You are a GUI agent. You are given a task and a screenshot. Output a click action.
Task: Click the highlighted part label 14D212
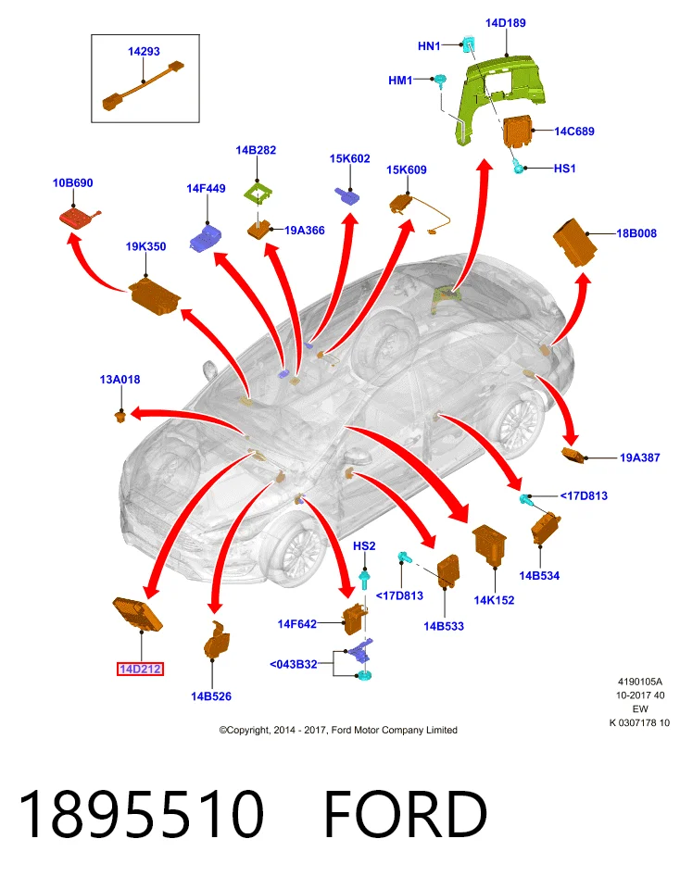click(x=140, y=669)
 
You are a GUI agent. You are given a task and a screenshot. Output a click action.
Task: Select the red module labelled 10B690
click(x=80, y=218)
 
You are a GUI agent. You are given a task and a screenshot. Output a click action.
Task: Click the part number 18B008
click(x=636, y=233)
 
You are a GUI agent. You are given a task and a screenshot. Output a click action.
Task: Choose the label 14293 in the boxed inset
click(x=144, y=51)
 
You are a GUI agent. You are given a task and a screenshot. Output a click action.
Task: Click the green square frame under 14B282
click(x=258, y=194)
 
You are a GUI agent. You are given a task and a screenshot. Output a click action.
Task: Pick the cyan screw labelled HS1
click(x=517, y=168)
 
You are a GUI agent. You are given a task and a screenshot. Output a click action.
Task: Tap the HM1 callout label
click(x=400, y=81)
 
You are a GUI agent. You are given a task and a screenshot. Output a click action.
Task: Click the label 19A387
click(x=640, y=457)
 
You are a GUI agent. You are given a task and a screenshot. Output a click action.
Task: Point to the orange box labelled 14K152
click(x=489, y=545)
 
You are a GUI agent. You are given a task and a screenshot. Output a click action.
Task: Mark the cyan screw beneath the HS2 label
click(x=365, y=580)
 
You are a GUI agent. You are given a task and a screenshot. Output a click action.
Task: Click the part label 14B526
click(x=211, y=696)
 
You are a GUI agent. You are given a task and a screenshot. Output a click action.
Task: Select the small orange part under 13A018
click(x=120, y=418)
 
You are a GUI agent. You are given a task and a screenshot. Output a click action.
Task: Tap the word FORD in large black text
click(x=406, y=814)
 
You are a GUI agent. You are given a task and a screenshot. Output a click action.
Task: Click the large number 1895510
click(x=142, y=814)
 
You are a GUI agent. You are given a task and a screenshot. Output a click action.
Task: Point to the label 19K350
click(x=145, y=246)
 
